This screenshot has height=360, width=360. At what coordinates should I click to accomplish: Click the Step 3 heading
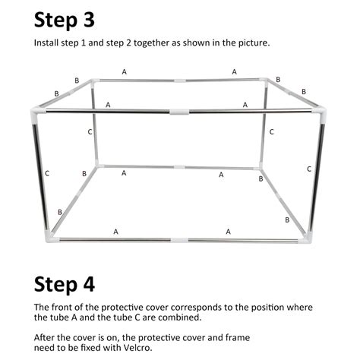tap(65, 19)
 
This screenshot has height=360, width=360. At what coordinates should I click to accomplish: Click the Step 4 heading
tap(65, 284)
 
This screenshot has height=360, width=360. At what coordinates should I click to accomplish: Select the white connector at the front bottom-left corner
tap(50, 238)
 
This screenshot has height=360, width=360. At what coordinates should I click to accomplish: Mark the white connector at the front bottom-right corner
tap(306, 239)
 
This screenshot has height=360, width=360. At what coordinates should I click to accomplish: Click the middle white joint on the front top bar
tap(178, 112)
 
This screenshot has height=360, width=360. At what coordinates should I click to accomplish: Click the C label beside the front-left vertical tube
tap(47, 173)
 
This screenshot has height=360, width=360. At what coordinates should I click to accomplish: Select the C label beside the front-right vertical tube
tap(308, 169)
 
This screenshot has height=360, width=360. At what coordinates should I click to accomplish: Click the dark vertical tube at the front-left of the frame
tap(41, 175)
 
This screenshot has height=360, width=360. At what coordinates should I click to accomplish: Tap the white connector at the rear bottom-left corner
tap(97, 164)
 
